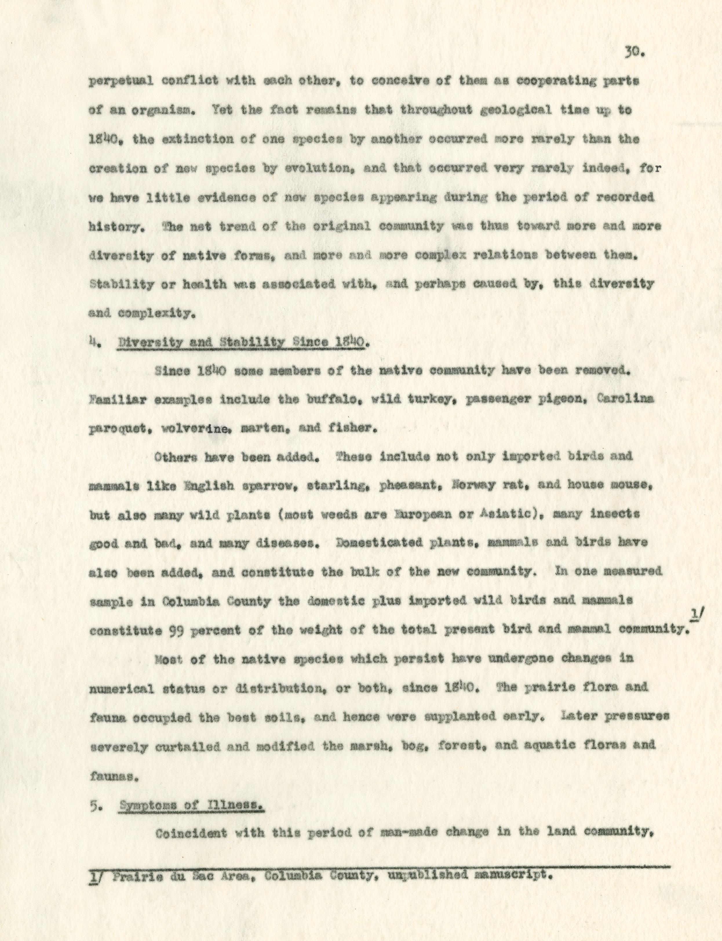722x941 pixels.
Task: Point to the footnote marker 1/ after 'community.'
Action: [x=693, y=618]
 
